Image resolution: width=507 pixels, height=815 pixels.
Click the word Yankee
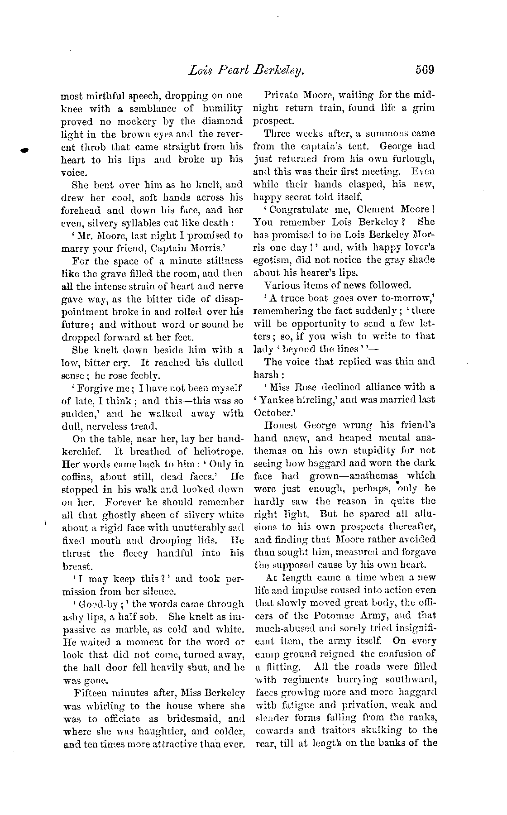tap(275, 400)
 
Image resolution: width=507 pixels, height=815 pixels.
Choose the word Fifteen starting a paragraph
tap(89, 693)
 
